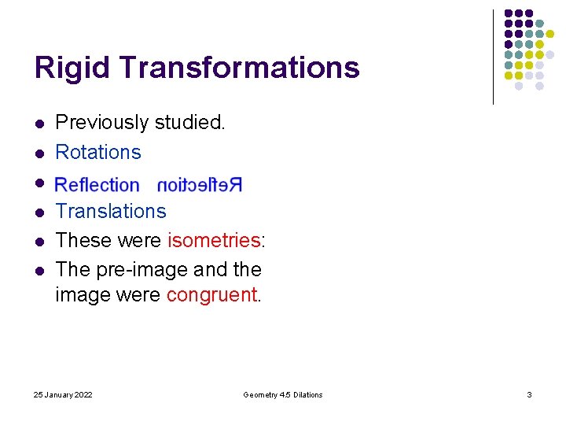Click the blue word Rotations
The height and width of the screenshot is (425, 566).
coord(98,152)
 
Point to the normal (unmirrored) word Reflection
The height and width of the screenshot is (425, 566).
coord(97,185)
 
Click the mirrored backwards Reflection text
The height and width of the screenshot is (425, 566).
coord(200,185)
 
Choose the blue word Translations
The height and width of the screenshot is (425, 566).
coord(111,211)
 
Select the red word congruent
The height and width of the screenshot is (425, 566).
coord(211,295)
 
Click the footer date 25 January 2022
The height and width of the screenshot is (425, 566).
coord(64,394)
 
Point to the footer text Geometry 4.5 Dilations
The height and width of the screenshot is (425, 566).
coord(283,394)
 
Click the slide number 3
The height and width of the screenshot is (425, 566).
coord(529,394)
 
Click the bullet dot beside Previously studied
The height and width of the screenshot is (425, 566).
coord(38,124)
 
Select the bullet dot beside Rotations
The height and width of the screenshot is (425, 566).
coord(38,153)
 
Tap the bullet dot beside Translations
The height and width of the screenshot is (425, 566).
coord(38,212)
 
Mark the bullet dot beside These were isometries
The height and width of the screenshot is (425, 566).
coord(38,241)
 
